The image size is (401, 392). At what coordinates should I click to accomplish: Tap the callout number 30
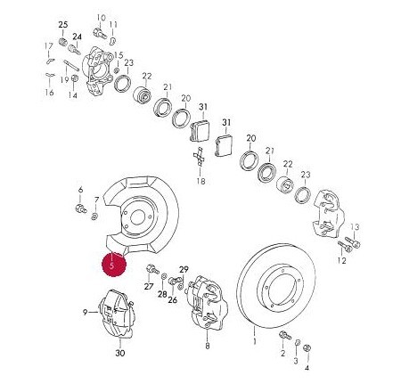point(120,353)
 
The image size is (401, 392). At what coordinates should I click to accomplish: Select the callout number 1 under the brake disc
point(254,341)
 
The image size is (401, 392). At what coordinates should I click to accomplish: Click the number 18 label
point(201,181)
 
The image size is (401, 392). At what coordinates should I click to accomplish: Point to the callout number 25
point(63,25)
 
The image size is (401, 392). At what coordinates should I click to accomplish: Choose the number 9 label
point(85,312)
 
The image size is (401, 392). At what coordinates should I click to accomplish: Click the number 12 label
point(342,261)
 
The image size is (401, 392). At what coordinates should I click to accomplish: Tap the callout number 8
point(208,346)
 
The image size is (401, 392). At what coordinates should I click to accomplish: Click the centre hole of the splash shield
point(137,217)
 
